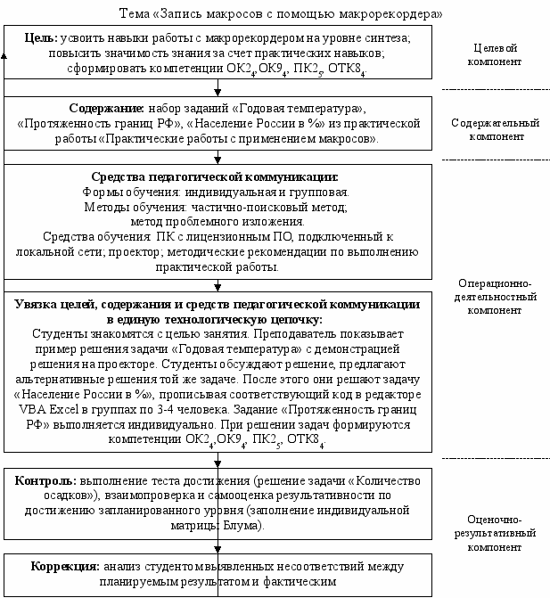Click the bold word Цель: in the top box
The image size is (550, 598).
click(x=38, y=39)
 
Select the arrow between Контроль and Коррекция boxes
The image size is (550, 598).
click(x=218, y=546)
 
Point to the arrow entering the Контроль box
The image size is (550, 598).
click(x=218, y=461)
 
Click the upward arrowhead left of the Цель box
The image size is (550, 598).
click(x=4, y=54)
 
